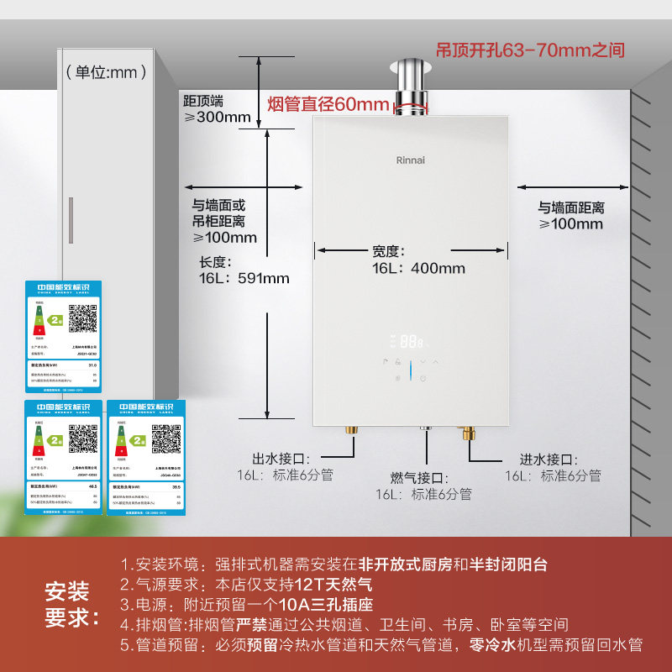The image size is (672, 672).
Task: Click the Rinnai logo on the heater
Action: pos(412,159)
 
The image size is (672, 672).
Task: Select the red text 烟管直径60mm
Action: pos(328,104)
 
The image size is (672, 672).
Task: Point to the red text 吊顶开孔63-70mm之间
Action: pos(530,50)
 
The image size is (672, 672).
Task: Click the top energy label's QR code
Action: pos(82,318)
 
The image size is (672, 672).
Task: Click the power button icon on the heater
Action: pos(423,379)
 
